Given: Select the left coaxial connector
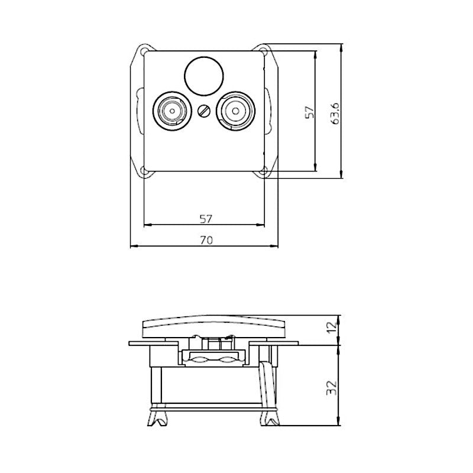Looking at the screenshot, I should [171, 110].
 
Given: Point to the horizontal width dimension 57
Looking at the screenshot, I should [205, 219].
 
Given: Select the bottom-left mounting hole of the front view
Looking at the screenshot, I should [144, 172].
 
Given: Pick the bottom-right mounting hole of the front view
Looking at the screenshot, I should [265, 172].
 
